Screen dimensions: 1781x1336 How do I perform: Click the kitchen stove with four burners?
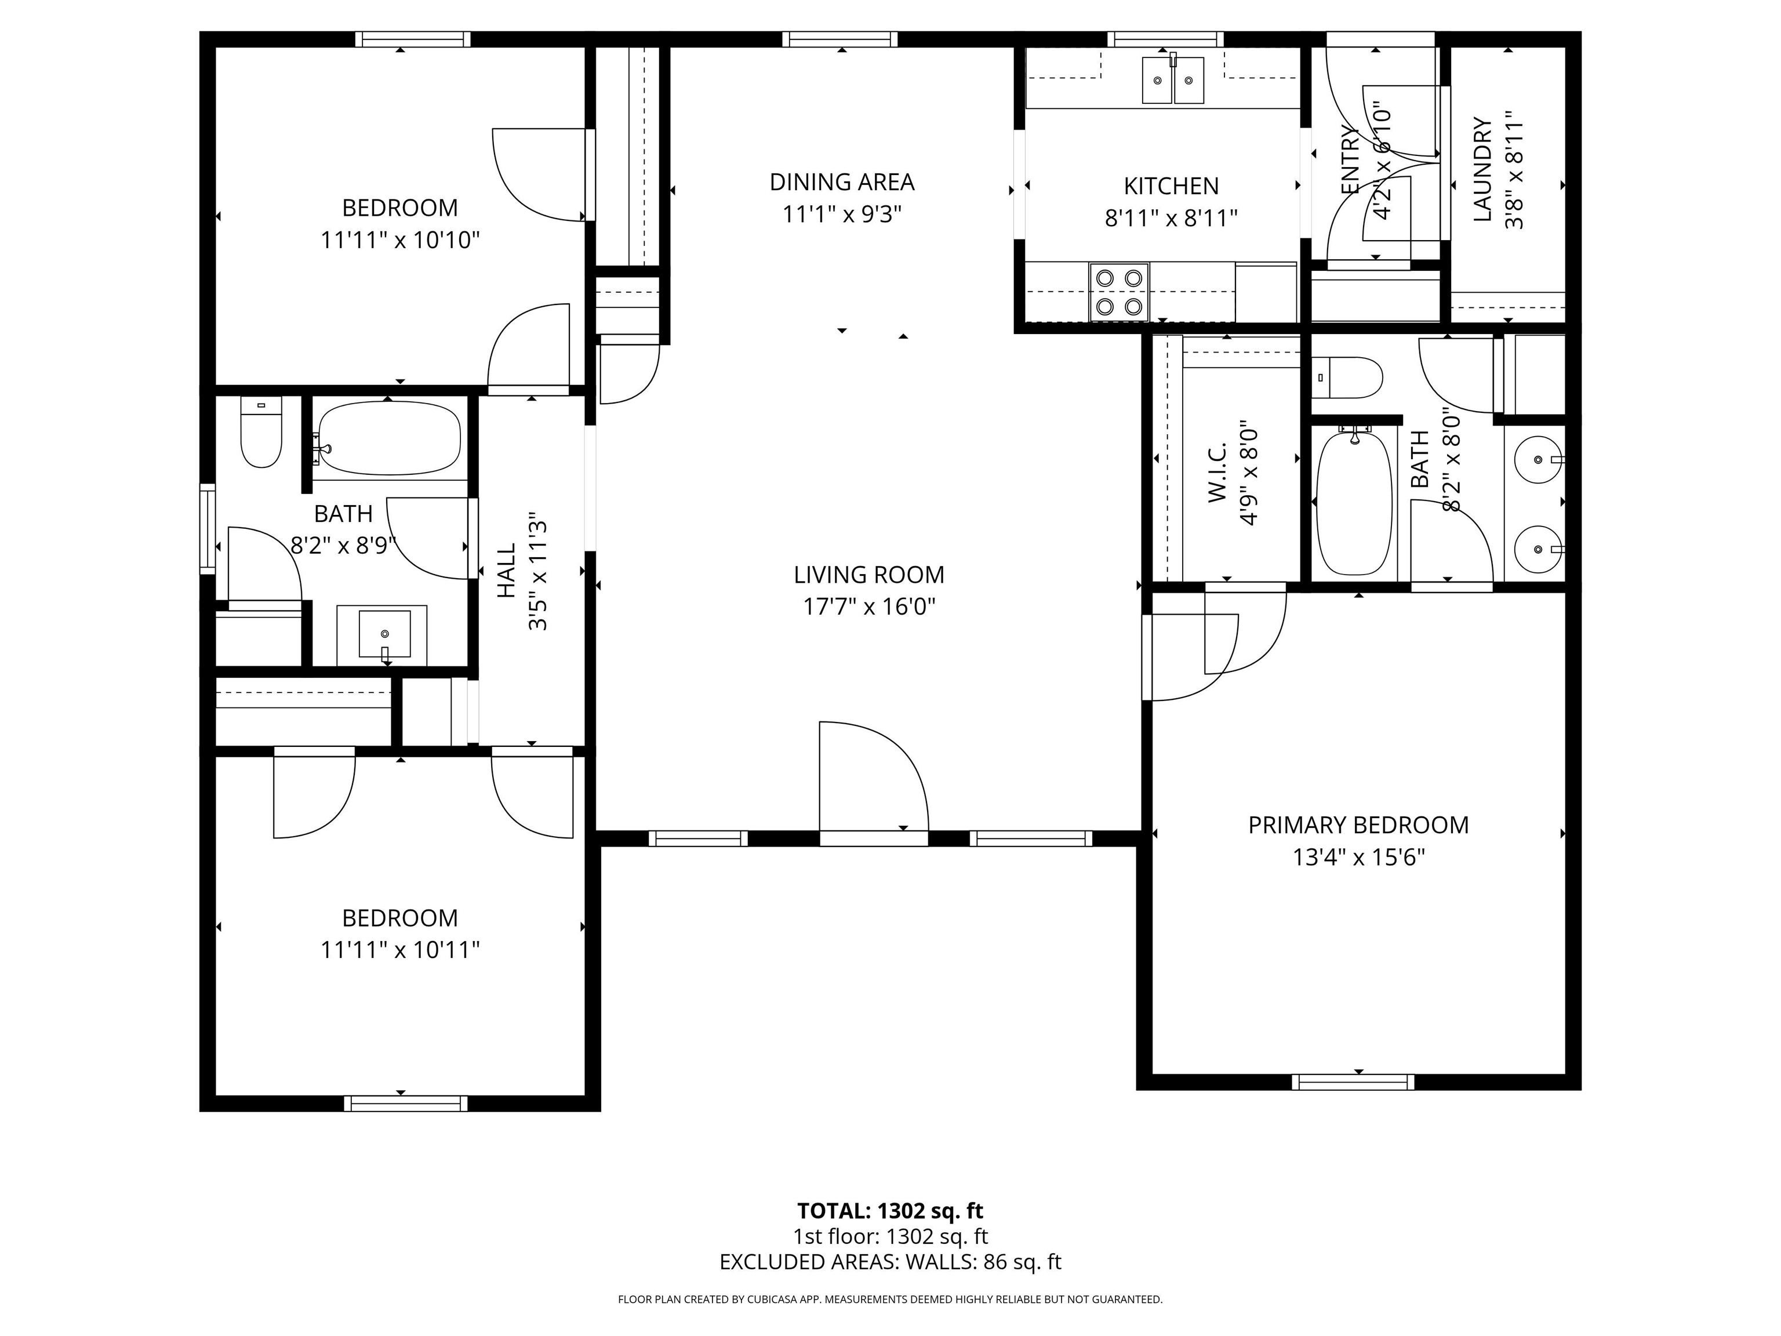(x=1119, y=292)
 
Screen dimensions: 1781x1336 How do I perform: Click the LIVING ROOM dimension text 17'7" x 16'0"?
(x=869, y=607)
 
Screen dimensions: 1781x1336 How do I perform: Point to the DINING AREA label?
(x=842, y=182)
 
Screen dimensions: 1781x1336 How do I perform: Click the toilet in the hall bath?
(x=261, y=433)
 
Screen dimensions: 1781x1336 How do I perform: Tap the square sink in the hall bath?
(x=384, y=634)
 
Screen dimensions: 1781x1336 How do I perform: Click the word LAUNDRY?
(x=1482, y=170)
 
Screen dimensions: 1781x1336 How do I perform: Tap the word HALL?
(x=506, y=571)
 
